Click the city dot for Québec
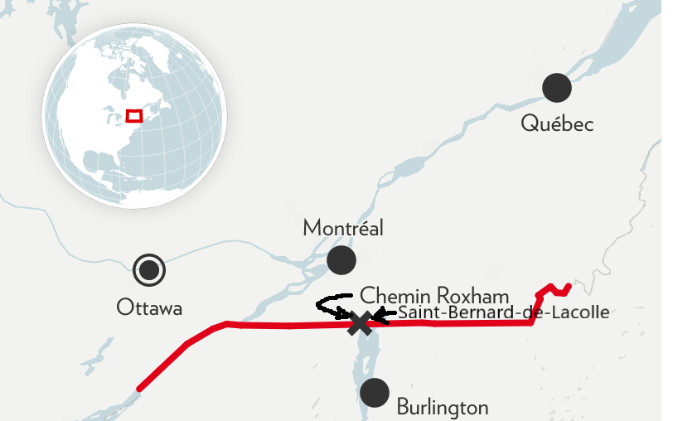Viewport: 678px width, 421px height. click(557, 87)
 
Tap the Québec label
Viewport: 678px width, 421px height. click(557, 123)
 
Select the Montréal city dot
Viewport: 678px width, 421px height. click(341, 260)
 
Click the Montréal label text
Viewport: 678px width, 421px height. click(343, 228)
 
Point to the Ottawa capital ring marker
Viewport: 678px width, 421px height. click(149, 269)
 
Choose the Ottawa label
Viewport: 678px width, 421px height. click(149, 307)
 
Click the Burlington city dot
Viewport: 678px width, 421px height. click(375, 392)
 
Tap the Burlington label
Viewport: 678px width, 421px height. click(443, 407)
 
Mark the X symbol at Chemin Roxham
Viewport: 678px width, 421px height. click(360, 322)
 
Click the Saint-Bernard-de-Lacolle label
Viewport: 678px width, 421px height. click(503, 312)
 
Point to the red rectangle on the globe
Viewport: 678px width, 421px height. click(133, 115)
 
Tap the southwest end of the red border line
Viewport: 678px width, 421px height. click(139, 388)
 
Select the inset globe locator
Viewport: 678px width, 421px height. click(133, 115)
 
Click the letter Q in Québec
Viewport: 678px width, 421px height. click(530, 123)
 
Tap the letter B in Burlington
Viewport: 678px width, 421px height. click(403, 407)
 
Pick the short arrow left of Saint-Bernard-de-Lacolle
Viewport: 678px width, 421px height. click(383, 313)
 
